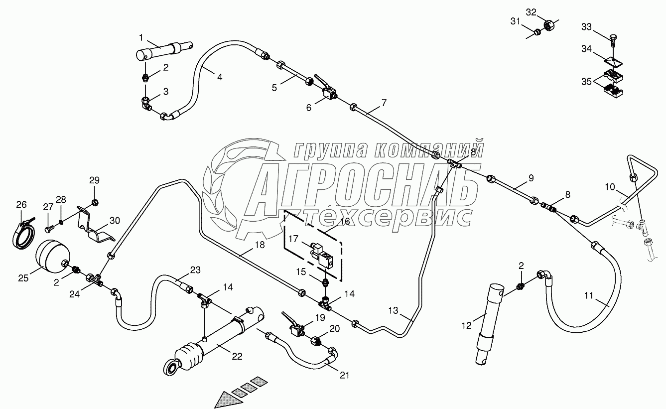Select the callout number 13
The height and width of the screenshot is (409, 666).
[394, 310]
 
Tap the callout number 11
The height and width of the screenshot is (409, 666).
[589, 296]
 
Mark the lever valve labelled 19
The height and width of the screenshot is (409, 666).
[296, 329]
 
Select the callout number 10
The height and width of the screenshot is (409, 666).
[610, 187]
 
